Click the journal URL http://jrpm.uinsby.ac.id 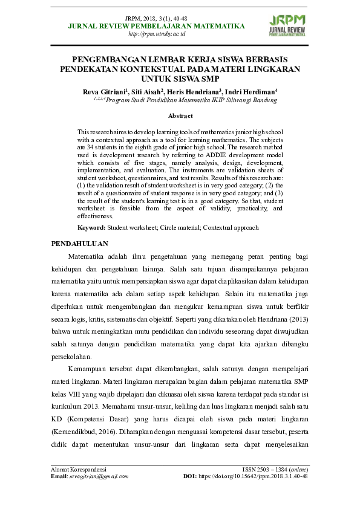click(157, 34)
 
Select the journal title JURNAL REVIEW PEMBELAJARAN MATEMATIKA click(157, 26)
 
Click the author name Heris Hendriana click(197, 92)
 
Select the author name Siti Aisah click(145, 92)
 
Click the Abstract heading click(180, 115)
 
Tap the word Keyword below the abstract click(91, 228)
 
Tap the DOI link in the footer click(254, 476)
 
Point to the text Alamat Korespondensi click(79, 469)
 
